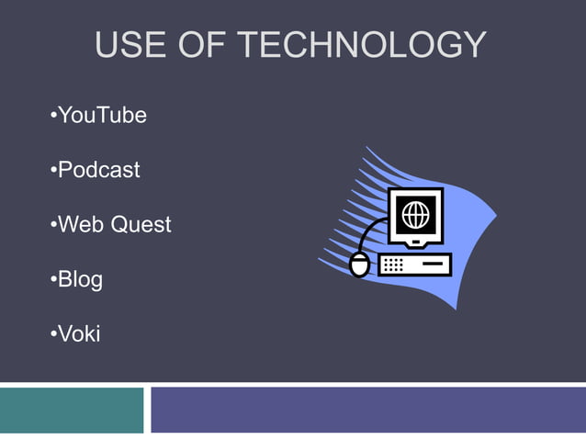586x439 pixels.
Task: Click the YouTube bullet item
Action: click(101, 116)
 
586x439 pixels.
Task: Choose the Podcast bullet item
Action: click(98, 170)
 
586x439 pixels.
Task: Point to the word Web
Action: click(81, 224)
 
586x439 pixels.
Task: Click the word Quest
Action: click(141, 225)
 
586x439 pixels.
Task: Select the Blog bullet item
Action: click(80, 279)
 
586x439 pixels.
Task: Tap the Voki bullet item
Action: click(79, 333)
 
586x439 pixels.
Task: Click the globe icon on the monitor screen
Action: click(415, 214)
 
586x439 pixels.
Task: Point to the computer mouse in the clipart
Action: click(360, 265)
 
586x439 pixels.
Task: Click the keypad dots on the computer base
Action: click(392, 265)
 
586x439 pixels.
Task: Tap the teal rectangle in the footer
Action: click(72, 410)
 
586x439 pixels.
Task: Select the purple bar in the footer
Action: click(367, 410)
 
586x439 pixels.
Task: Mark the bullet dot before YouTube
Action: click(52, 117)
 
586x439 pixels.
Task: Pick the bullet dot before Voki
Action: click(52, 334)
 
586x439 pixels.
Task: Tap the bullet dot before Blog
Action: click(52, 280)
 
